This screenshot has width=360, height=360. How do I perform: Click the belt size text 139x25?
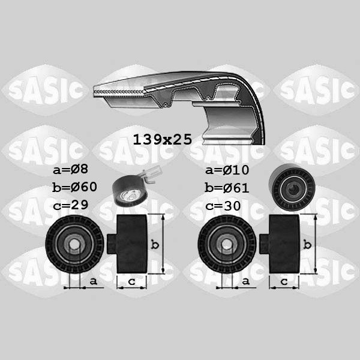(163, 140)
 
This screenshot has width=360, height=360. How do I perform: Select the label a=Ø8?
(70, 169)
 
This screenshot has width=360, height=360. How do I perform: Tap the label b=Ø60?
(74, 187)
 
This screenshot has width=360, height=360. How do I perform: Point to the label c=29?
(70, 205)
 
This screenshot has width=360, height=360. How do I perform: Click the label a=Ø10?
(227, 170)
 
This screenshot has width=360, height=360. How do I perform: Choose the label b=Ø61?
(227, 188)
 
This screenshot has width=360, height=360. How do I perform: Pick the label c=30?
(223, 206)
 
